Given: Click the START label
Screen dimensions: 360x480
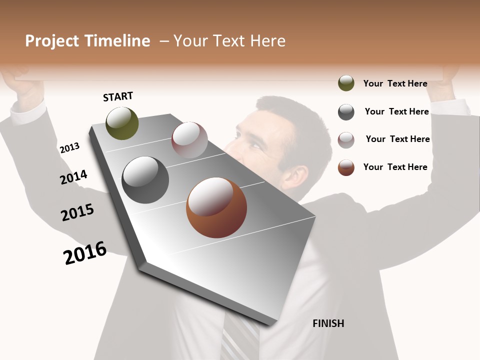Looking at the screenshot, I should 118,96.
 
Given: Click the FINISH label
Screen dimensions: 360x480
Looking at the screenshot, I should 328,323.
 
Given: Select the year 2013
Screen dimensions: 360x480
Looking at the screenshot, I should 69,148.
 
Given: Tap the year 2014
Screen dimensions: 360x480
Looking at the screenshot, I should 73,177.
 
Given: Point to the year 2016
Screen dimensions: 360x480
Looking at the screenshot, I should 85,252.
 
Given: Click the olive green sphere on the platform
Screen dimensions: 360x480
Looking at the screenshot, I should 122,123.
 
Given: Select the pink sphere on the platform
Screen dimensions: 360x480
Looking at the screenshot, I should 189,139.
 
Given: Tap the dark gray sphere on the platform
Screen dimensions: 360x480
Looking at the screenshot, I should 145,180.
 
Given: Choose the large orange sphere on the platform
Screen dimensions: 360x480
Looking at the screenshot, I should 216,207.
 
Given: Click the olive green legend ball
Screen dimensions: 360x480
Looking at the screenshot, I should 346,83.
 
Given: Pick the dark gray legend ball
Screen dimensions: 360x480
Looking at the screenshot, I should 346,112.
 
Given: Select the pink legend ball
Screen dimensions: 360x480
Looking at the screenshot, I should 346,140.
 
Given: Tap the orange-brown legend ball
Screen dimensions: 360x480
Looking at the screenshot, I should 346,167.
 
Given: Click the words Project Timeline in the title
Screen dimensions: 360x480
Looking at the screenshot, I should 87,41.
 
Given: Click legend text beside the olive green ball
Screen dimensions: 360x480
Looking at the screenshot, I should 395,83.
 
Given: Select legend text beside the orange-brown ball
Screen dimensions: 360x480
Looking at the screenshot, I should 395,167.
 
